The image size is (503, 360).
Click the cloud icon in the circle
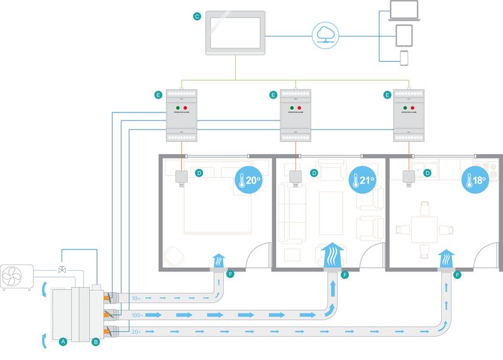click(325, 34)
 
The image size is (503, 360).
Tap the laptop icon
click(403, 10)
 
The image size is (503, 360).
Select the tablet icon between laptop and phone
click(404, 35)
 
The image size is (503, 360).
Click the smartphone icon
click(404, 58)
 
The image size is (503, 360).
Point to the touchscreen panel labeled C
click(235, 32)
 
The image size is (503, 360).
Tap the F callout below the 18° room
click(457, 275)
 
